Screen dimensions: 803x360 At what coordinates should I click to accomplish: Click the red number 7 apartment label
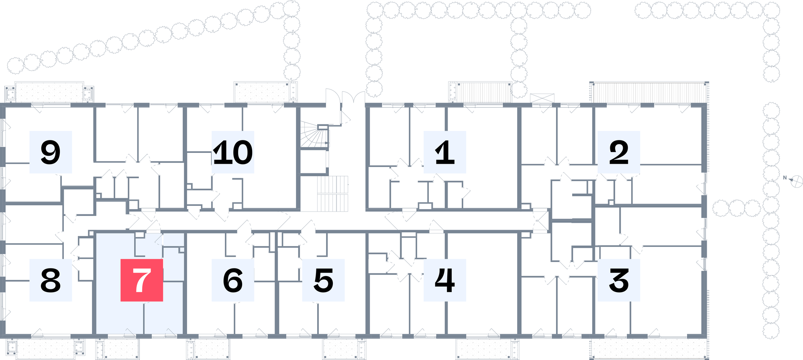pos(142,280)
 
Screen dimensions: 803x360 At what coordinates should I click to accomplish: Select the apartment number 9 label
pos(51,152)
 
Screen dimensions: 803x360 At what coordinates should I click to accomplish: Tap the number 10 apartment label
pos(233,152)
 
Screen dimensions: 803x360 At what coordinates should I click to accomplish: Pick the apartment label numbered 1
pos(445,152)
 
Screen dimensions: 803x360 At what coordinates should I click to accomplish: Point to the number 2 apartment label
pos(619,152)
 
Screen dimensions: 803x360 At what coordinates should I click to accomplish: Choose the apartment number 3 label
pos(619,280)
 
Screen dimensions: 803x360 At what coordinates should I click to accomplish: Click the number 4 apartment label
pos(445,280)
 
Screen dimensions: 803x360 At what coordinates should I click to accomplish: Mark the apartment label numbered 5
pos(324,280)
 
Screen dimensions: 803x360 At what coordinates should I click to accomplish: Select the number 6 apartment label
pos(233,280)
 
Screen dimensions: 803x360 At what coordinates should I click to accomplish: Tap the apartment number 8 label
pos(51,280)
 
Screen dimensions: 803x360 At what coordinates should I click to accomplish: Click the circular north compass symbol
pos(797,181)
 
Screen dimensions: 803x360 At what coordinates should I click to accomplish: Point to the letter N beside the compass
pos(785,177)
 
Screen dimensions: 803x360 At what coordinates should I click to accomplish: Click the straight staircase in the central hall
pos(332,193)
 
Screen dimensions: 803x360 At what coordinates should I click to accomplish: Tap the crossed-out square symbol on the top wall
pos(542,98)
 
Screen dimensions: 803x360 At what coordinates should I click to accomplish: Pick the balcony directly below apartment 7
pos(118,349)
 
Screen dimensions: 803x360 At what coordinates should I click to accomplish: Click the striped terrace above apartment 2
pos(649,92)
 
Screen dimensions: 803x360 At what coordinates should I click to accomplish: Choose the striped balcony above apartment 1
pos(480,92)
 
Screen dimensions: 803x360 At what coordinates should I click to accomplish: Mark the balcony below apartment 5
pos(344,349)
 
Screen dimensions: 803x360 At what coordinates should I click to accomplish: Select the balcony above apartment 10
pos(266,92)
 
